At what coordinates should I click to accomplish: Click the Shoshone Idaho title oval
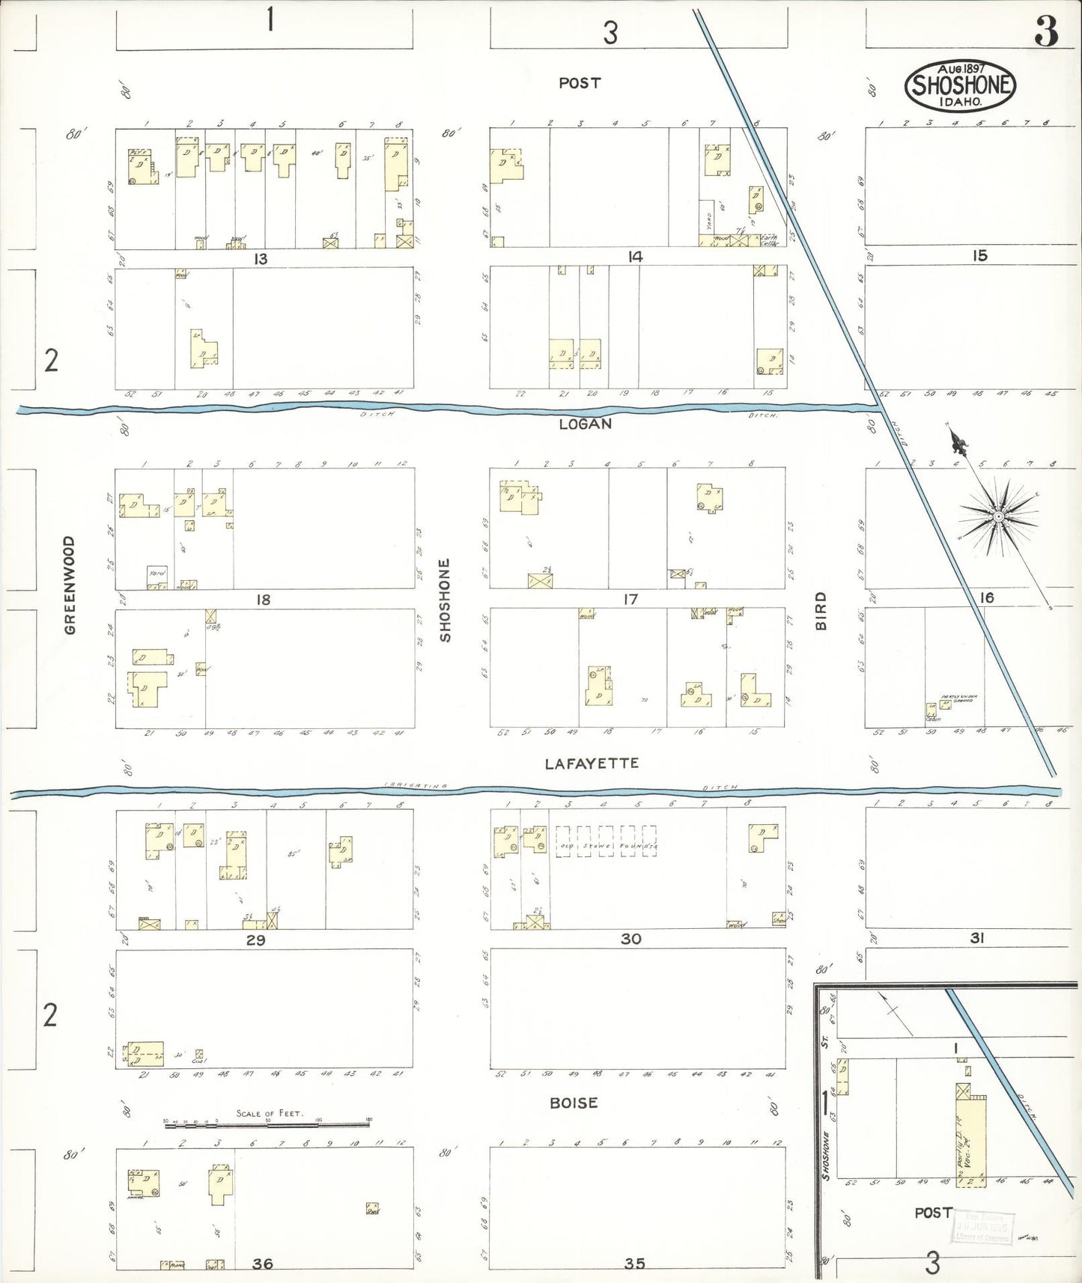(x=960, y=85)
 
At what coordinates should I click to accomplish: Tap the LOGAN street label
(x=586, y=424)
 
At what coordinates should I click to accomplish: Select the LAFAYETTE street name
(x=592, y=764)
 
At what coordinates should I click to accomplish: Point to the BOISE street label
(x=574, y=1103)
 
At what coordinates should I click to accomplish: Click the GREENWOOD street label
(x=70, y=585)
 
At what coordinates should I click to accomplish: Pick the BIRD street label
(x=821, y=611)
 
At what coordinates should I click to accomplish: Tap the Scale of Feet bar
(x=267, y=1122)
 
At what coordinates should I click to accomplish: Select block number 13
(x=261, y=259)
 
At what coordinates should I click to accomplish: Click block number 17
(x=630, y=599)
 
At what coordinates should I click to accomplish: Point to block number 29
(x=256, y=940)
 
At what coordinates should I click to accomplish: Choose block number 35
(x=634, y=1264)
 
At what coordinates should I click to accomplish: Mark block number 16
(x=987, y=597)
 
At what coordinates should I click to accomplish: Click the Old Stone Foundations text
(x=607, y=846)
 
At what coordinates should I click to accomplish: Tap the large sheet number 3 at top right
(x=1046, y=31)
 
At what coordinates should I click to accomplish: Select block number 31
(x=976, y=937)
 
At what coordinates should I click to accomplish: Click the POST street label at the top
(x=580, y=83)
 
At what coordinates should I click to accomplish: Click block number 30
(x=631, y=939)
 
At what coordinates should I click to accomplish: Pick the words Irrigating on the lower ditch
(x=416, y=785)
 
